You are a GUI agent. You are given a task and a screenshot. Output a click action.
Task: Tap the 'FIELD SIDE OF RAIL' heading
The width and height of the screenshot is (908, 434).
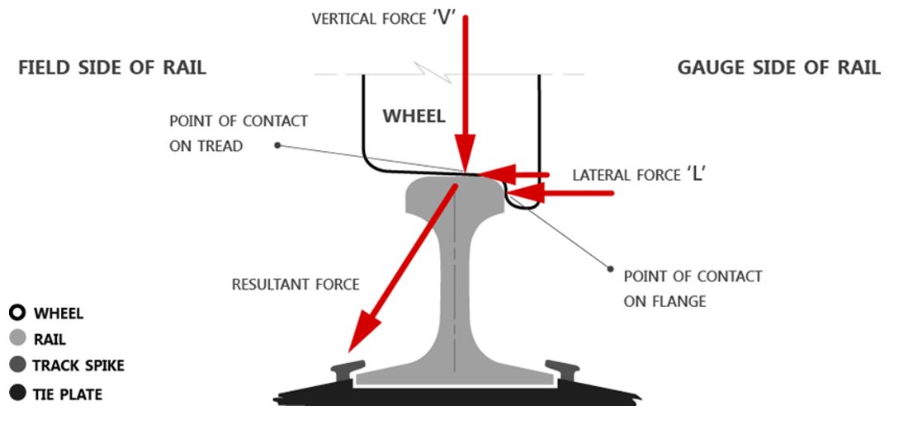(112, 68)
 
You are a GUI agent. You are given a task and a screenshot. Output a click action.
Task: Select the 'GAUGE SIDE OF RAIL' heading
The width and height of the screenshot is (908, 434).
(778, 68)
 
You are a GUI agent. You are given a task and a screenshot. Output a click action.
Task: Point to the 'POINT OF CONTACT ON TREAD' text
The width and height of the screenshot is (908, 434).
(238, 132)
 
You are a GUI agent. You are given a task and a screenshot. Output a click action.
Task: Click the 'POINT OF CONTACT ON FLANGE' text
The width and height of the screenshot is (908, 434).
(692, 289)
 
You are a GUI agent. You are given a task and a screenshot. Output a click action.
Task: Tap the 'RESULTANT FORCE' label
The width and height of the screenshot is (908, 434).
(295, 285)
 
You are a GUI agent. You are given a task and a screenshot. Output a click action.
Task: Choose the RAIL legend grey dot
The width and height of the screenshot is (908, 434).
(17, 339)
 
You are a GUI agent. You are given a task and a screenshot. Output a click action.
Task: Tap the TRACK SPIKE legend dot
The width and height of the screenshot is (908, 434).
(17, 366)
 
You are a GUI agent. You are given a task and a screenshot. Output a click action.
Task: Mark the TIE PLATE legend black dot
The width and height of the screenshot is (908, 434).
(17, 394)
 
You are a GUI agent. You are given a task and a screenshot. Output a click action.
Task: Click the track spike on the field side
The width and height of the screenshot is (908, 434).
(347, 366)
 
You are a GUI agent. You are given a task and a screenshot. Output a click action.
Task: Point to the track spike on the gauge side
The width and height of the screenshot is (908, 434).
(563, 366)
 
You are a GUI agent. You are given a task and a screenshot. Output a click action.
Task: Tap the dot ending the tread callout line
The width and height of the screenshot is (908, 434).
(278, 145)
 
